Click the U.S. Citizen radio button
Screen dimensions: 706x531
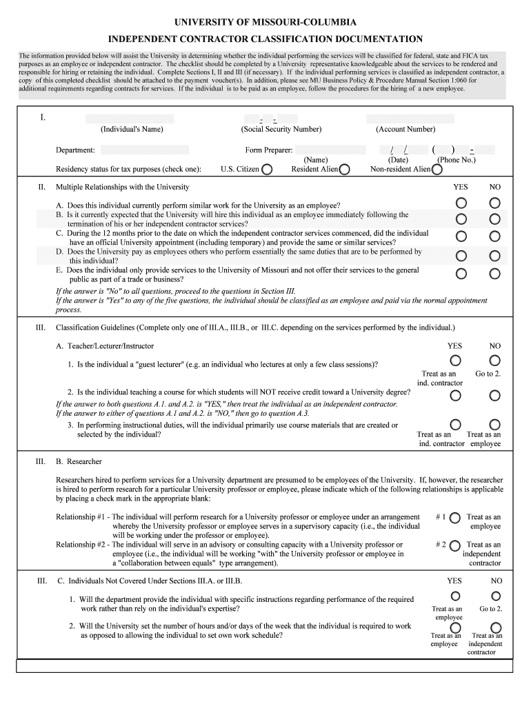[267, 170]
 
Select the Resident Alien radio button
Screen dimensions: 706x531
[344, 170]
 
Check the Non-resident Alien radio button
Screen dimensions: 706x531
[437, 170]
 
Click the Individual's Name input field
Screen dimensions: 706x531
[130, 119]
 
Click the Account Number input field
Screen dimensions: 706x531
[410, 119]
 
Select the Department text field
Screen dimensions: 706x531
[144, 150]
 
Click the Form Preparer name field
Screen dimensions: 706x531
[330, 150]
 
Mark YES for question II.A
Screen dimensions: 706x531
[460, 203]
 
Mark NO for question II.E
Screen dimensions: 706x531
[494, 274]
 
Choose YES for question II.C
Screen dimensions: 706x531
[460, 236]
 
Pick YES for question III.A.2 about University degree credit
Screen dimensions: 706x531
[456, 395]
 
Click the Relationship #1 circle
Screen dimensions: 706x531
[454, 517]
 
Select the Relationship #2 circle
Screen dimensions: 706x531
[454, 545]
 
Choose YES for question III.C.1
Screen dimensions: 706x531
[456, 596]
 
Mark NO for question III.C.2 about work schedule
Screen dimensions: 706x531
[494, 627]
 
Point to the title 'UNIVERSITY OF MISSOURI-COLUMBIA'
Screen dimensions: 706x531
[265, 23]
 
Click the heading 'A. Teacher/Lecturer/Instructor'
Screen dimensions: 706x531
[105, 346]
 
